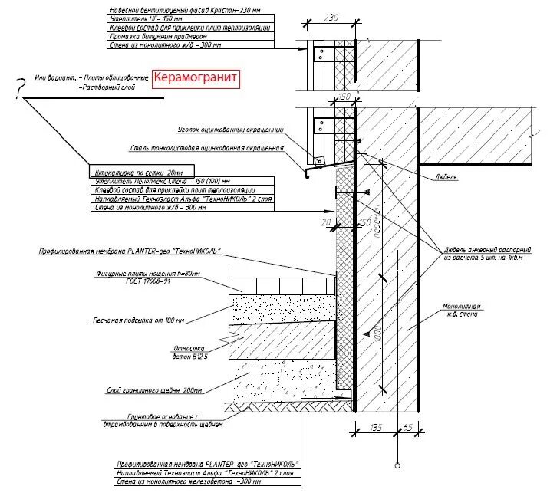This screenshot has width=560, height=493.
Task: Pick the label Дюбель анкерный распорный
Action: click(x=488, y=250)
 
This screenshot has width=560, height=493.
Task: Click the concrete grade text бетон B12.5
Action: click(x=186, y=356)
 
